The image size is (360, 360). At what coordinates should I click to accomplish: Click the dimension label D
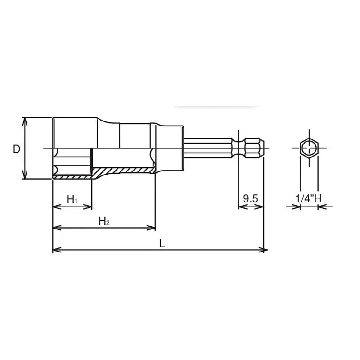17,149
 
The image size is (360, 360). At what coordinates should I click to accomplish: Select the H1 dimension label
72,199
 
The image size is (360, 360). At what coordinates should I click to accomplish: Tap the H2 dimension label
104,221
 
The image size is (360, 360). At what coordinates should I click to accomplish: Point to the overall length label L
162,243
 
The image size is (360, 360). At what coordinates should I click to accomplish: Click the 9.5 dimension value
250,198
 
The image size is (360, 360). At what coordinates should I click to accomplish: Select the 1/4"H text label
309,198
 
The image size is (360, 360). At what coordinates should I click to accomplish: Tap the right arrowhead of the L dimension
265,250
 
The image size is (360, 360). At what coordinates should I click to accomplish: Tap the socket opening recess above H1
72,163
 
